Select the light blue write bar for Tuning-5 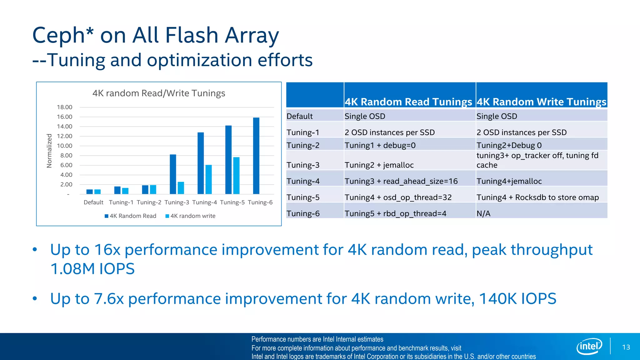[236, 176]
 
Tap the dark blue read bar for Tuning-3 [173, 174]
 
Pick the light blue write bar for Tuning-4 [208, 179]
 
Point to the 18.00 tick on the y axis [64, 107]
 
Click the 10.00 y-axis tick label [64, 146]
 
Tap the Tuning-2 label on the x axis [149, 202]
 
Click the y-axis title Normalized [49, 151]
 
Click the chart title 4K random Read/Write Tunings [159, 93]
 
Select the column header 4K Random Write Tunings [541, 102]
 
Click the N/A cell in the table [483, 214]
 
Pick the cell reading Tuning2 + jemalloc [379, 165]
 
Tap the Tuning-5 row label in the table [303, 197]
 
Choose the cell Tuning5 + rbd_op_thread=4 [395, 214]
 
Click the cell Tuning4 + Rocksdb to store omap [537, 197]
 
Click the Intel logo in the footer [589, 346]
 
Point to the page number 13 [626, 347]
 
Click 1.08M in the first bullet [72, 269]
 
